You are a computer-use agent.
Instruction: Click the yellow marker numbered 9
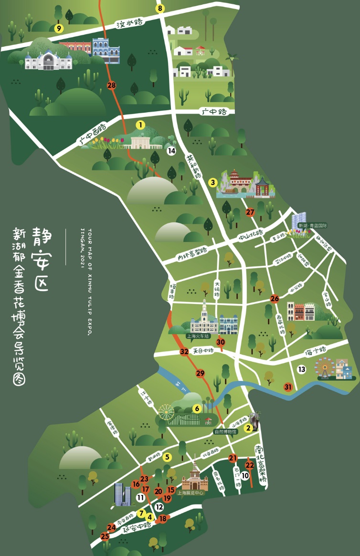(x=59, y=29)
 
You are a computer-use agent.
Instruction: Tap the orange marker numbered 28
(x=112, y=85)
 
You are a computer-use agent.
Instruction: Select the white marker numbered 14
(x=171, y=151)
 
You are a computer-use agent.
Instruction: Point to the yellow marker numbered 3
(x=213, y=182)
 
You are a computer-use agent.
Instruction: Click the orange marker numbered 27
(x=250, y=212)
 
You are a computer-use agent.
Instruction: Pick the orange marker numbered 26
(x=275, y=299)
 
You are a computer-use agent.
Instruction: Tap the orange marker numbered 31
(x=288, y=387)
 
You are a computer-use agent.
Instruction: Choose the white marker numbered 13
(x=301, y=369)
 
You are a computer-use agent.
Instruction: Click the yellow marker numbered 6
(x=196, y=409)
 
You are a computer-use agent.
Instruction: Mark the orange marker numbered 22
(x=249, y=465)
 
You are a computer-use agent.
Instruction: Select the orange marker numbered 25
(x=105, y=536)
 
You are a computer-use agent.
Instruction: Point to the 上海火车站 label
(x=198, y=336)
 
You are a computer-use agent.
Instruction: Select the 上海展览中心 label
(x=191, y=493)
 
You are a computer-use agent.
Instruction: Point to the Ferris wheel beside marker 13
(x=325, y=367)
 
